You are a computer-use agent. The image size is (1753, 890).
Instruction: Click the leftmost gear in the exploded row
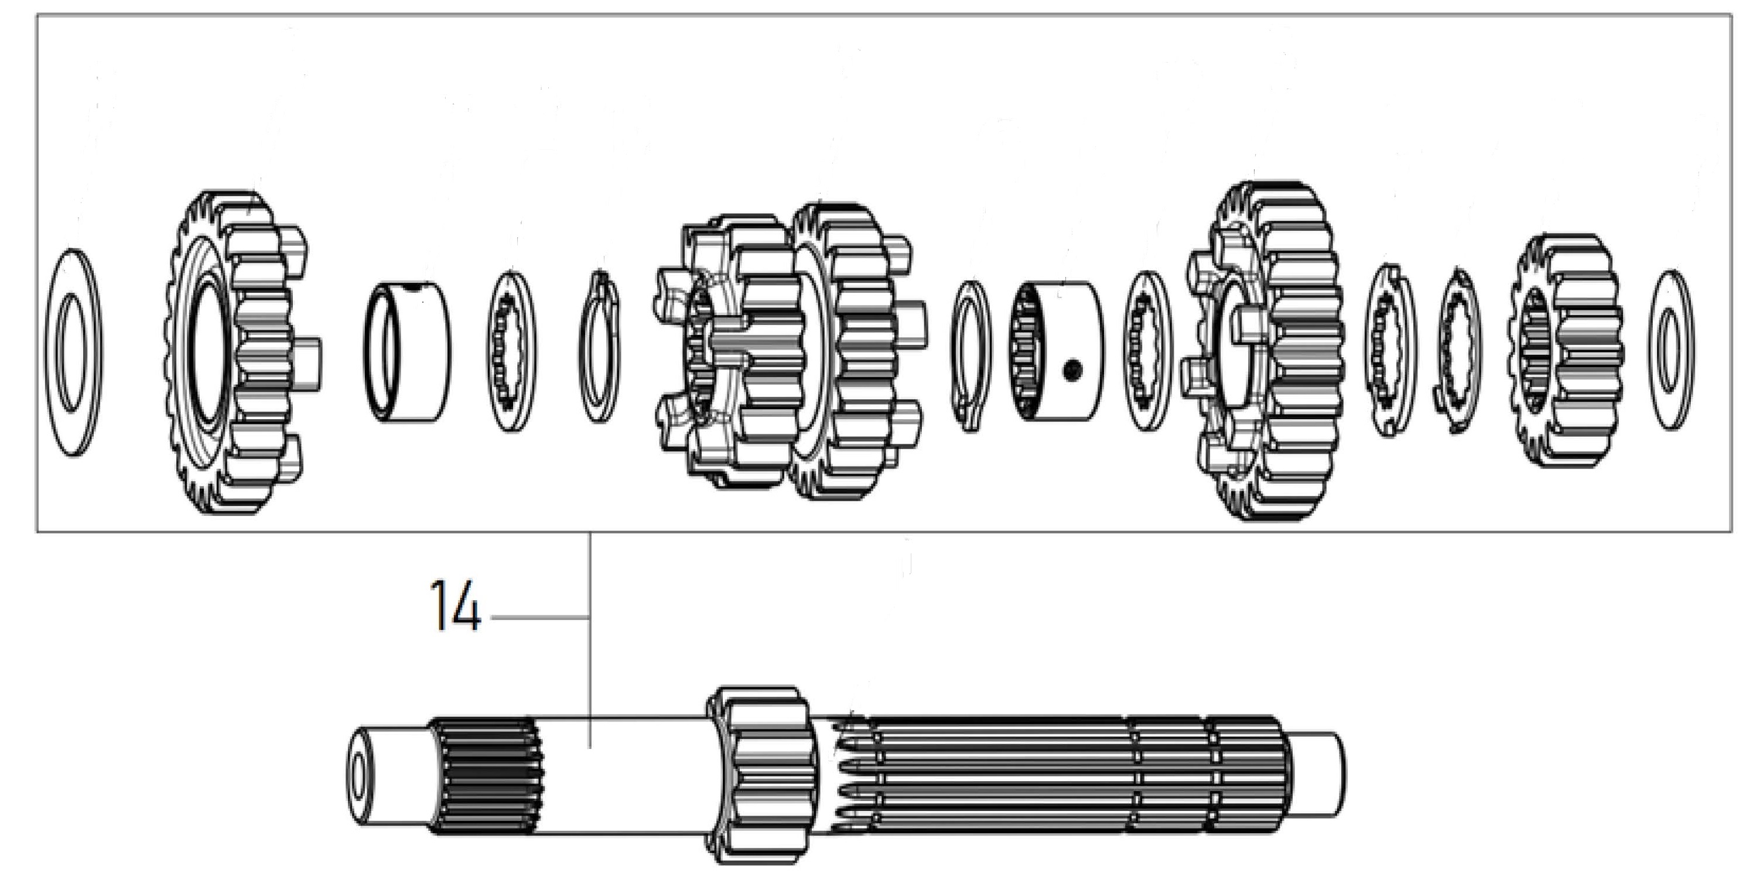tap(238, 352)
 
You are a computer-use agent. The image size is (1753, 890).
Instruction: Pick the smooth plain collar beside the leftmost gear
tap(408, 352)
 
